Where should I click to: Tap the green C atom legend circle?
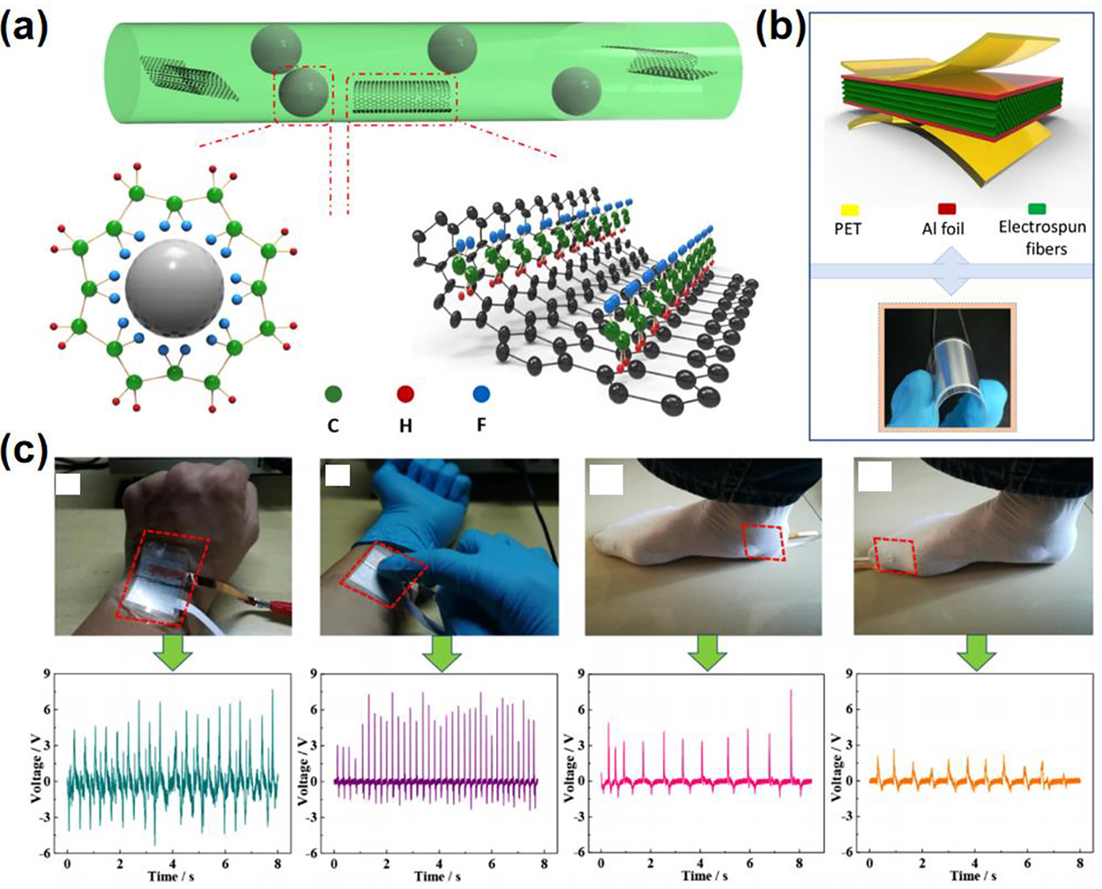(334, 394)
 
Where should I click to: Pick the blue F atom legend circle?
(480, 394)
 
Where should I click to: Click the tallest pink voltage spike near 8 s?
(791, 692)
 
